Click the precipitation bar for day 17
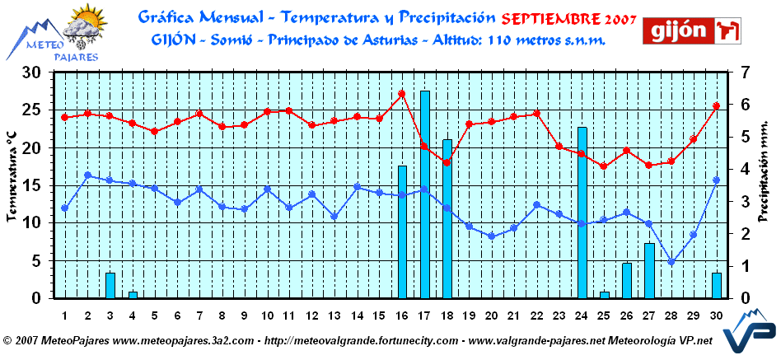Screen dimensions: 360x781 click(425, 194)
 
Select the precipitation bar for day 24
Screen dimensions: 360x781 click(582, 213)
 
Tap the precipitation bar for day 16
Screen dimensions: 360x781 click(403, 231)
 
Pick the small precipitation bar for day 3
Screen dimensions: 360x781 click(110, 285)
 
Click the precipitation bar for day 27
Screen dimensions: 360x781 click(649, 270)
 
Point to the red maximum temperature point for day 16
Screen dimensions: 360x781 click(402, 94)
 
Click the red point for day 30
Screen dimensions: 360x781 click(716, 106)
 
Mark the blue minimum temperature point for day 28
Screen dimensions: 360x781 click(671, 262)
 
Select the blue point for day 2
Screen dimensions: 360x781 click(88, 175)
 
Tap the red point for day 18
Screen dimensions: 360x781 click(447, 162)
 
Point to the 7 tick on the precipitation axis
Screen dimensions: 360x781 click(744, 72)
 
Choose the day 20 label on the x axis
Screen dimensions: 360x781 click(491, 316)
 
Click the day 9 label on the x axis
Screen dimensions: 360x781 click(244, 316)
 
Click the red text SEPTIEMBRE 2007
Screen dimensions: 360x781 click(568, 17)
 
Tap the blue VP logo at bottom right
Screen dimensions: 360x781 click(747, 338)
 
